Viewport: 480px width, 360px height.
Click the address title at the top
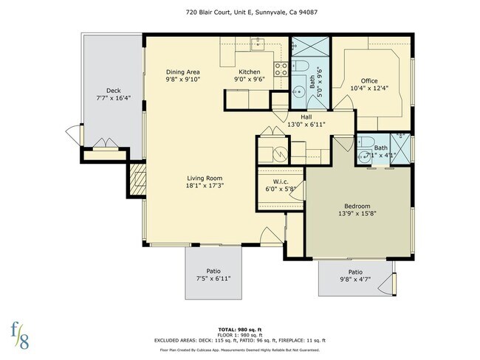click(240, 13)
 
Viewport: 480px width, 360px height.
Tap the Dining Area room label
click(182, 72)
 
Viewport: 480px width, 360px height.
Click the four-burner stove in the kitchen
click(281, 70)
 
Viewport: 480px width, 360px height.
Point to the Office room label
click(369, 81)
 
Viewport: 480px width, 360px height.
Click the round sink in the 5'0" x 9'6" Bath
click(299, 93)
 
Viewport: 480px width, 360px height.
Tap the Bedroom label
click(357, 206)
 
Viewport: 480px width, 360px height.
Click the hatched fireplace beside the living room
click(137, 180)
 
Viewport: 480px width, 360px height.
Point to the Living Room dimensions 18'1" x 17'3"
click(205, 187)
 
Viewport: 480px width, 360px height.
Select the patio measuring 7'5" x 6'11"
click(213, 274)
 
